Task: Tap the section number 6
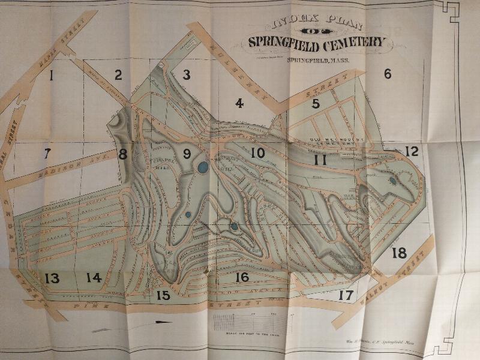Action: pos(388,74)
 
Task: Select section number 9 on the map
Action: pos(187,154)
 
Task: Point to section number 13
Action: pos(52,278)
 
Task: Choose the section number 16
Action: pos(242,277)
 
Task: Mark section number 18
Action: pos(399,253)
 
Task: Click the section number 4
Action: pos(239,103)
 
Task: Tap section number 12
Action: pos(411,151)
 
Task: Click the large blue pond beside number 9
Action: pos(203,167)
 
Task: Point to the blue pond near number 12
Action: pos(392,179)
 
